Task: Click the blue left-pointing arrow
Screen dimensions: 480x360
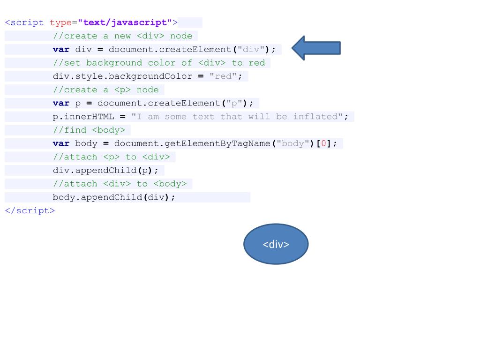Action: click(315, 48)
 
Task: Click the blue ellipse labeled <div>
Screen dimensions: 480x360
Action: click(276, 244)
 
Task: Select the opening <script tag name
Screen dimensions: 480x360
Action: click(24, 22)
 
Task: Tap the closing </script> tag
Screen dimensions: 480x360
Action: click(30, 210)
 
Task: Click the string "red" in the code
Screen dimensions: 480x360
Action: click(223, 76)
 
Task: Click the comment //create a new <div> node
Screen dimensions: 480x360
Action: click(122, 36)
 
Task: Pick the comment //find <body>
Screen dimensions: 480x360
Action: click(89, 130)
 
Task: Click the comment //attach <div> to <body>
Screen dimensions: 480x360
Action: click(120, 184)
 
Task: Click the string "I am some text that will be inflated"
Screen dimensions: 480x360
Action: click(237, 117)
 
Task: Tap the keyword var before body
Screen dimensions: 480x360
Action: click(61, 143)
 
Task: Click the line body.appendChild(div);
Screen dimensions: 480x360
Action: click(114, 197)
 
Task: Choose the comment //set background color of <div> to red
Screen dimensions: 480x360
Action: click(159, 63)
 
